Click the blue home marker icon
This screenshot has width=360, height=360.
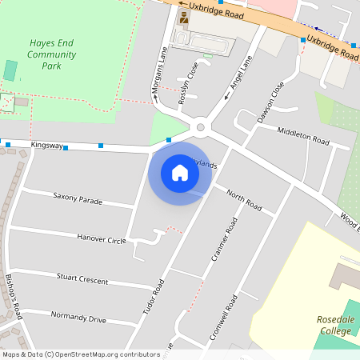pos(180,172)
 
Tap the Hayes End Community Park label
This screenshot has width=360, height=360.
pos(51,54)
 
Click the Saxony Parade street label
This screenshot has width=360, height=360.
pos(78,198)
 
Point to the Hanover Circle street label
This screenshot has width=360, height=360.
pos(102,238)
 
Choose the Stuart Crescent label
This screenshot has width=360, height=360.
pos(82,278)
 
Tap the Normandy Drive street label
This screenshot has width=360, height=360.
pos(78,318)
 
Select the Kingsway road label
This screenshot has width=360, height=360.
pos(46,145)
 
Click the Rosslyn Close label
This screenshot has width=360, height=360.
pos(189,79)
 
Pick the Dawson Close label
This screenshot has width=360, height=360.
pos(270,102)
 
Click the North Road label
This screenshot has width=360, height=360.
pos(244,200)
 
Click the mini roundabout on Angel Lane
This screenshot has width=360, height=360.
pos(201,126)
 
